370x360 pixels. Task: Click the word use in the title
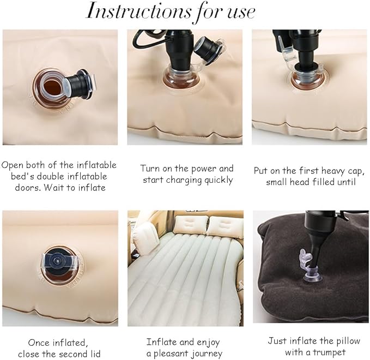[241, 13]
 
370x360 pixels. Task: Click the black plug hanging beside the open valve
[79, 84]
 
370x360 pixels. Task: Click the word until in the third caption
[348, 182]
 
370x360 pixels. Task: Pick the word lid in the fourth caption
[95, 354]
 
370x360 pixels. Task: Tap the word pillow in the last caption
[348, 341]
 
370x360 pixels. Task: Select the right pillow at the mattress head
[226, 226]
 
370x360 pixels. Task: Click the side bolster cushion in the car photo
[147, 238]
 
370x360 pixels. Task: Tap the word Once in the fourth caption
[39, 343]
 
